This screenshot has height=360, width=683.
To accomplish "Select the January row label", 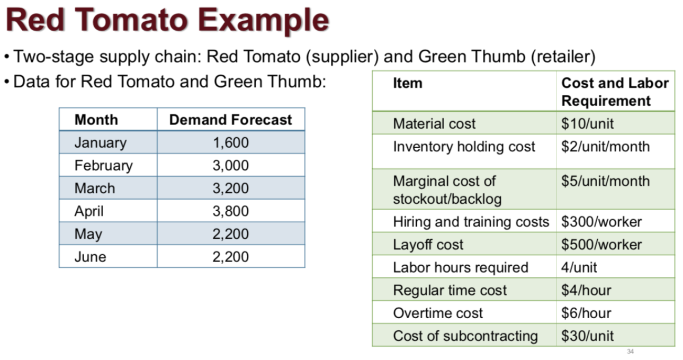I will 101,142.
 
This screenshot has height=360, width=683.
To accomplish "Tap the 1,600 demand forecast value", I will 230,142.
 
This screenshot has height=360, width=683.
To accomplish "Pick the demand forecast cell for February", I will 230,165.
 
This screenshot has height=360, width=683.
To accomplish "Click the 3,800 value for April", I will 230,211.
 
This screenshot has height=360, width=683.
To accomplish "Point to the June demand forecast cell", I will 230,257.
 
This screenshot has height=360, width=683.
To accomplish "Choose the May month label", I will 88,234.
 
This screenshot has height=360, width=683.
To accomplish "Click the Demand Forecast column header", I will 230,120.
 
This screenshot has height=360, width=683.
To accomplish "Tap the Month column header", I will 96,120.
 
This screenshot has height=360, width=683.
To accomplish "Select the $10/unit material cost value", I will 587,123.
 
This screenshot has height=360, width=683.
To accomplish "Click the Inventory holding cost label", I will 464,147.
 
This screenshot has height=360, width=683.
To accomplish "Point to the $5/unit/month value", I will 605,181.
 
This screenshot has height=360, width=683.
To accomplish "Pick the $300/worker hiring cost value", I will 601,221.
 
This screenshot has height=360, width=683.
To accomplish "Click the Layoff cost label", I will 428,245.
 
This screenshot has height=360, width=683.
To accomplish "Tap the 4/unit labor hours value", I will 579,267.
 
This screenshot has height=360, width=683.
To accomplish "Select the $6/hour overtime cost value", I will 586,313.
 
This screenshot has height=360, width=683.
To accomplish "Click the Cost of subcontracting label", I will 465,336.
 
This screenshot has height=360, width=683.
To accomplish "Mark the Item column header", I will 408,83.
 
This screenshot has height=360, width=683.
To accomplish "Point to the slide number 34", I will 630,352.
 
